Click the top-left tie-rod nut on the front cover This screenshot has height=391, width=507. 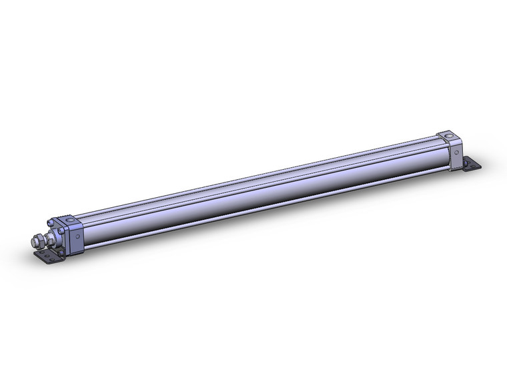pos(50,224)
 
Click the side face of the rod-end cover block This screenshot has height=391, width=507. pos(75,238)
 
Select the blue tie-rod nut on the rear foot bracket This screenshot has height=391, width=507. pos(465,162)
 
